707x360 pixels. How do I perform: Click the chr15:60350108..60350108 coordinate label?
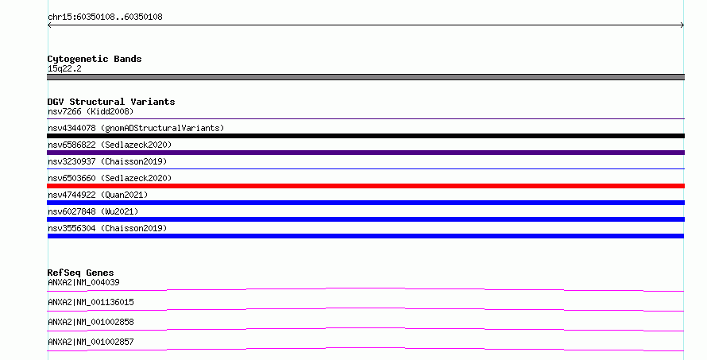(x=105, y=17)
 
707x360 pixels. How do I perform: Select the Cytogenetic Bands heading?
(x=95, y=59)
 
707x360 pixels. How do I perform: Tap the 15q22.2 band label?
(x=64, y=68)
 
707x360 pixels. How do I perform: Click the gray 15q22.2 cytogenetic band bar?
(x=365, y=77)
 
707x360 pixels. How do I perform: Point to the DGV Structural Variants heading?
(x=111, y=102)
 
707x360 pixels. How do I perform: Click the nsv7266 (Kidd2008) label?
(x=91, y=111)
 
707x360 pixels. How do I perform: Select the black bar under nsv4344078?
(x=365, y=136)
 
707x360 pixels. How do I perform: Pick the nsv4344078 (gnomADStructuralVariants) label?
(x=136, y=128)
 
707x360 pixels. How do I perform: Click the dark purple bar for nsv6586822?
(x=365, y=153)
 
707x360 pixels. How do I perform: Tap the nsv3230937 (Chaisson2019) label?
(x=107, y=161)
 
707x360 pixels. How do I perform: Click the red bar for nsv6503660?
(x=365, y=186)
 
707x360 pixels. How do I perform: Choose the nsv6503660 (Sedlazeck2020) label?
(x=110, y=178)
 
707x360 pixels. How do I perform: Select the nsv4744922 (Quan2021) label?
(x=98, y=195)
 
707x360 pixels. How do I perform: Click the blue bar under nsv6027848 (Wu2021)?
(x=365, y=219)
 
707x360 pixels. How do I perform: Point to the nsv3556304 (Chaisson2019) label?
(x=107, y=228)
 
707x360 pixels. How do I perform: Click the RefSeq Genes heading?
(x=80, y=273)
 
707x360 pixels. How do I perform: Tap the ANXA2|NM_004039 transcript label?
(x=83, y=282)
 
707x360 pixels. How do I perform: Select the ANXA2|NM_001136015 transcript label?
(x=91, y=302)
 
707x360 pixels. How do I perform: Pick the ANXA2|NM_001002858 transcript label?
(x=91, y=322)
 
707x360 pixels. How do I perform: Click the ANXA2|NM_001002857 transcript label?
(x=91, y=342)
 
